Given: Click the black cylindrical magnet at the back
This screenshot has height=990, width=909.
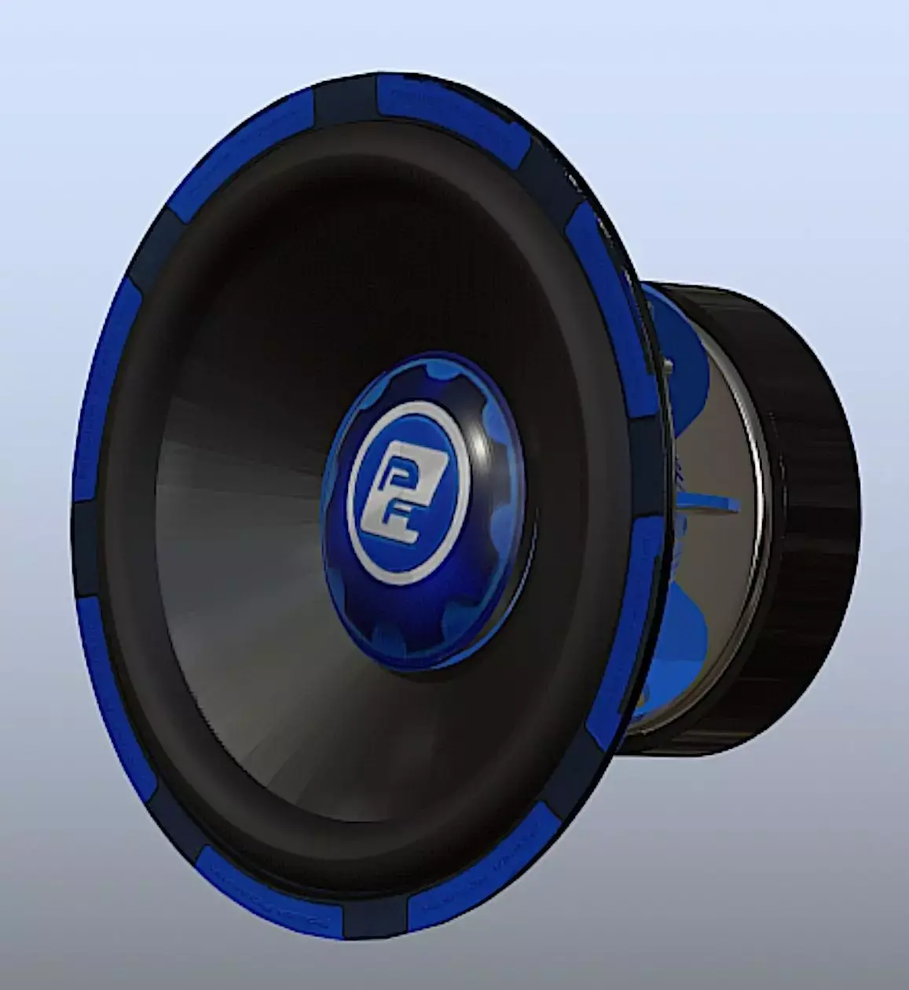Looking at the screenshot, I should (809, 519).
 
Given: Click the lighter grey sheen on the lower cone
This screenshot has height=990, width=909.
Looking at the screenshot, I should (259, 668).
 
